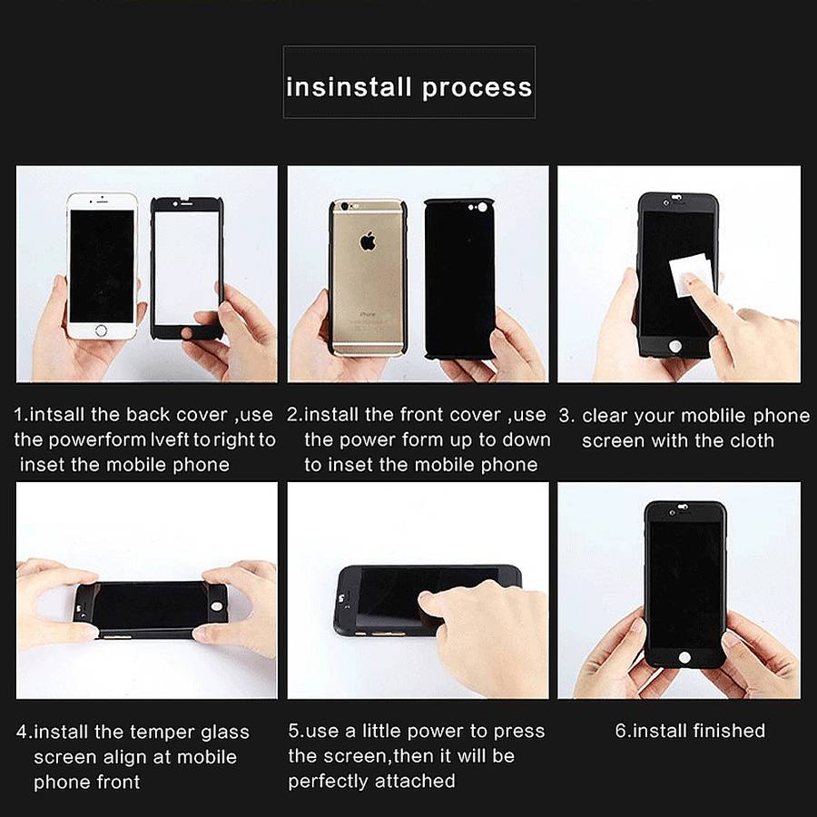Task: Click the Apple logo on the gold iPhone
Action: tap(368, 241)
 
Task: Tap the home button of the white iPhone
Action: tap(102, 330)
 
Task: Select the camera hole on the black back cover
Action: tap(483, 208)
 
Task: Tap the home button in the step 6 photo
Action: tap(684, 657)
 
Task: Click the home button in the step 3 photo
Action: tap(674, 346)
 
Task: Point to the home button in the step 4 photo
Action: tap(216, 606)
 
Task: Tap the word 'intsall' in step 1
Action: tap(56, 415)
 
